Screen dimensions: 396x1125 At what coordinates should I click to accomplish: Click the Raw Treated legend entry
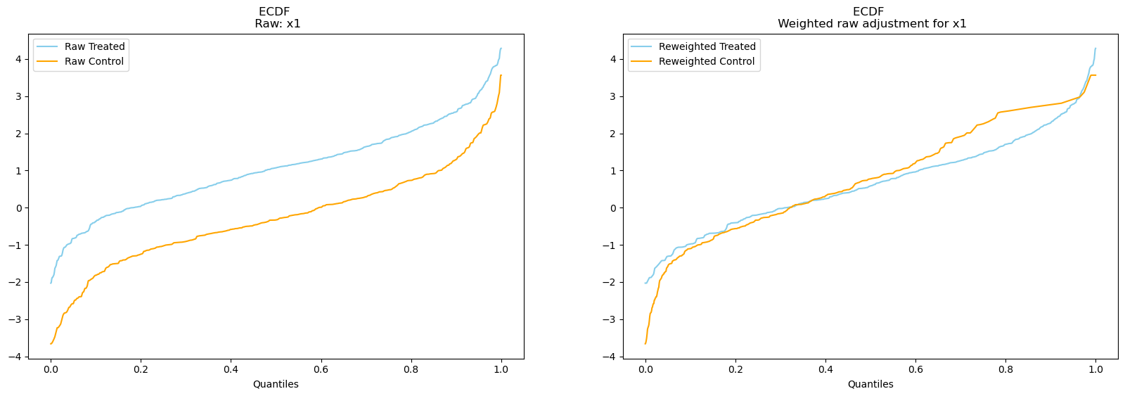[94, 46]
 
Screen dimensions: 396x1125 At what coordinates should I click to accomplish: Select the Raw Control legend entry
[94, 61]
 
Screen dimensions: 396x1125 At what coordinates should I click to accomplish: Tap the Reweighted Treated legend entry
[707, 46]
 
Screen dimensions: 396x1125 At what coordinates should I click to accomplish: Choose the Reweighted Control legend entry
[707, 61]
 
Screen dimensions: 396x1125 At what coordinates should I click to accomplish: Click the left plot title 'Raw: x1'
[277, 24]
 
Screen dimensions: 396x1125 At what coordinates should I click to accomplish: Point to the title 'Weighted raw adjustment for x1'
[871, 24]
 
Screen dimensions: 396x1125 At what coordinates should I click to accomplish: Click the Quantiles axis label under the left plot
[276, 384]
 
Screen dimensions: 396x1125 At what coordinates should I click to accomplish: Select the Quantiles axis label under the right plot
[870, 384]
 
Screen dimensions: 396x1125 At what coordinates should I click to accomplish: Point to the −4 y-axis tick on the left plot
[17, 357]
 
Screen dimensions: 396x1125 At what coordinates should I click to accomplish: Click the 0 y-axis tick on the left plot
[19, 208]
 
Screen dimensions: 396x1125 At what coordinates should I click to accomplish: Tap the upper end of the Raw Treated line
[501, 49]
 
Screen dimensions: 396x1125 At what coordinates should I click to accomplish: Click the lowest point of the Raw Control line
[51, 344]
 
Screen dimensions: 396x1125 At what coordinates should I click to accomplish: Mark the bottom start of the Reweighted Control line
[645, 344]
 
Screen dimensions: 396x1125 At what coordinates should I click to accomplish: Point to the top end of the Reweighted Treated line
[1095, 49]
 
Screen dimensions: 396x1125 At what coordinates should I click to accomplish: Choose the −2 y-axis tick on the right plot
[610, 282]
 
